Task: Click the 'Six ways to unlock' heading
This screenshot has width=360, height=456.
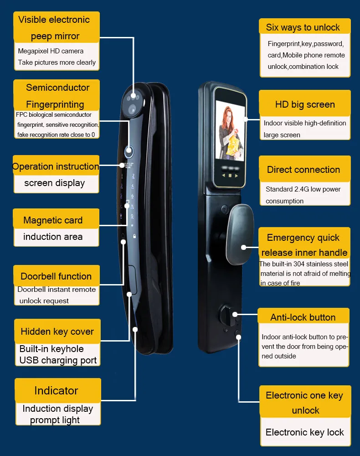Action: point(303,27)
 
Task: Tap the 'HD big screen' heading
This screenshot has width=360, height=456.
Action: point(305,104)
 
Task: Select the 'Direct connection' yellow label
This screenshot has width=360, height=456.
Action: point(303,170)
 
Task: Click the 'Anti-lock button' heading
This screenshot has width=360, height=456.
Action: point(303,317)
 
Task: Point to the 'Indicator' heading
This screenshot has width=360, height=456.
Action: point(57,390)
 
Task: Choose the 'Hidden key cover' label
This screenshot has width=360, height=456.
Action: point(57,332)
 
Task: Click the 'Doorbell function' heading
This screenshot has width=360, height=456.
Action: point(56,276)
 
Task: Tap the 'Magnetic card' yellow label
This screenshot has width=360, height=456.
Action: point(53,220)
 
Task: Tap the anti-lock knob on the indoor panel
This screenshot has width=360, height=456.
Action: point(226,315)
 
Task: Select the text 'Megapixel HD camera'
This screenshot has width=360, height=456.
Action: point(51,51)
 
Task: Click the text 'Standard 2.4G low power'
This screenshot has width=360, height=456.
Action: point(303,189)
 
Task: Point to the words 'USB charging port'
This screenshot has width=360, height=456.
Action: point(58,360)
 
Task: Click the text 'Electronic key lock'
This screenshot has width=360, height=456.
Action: point(305,432)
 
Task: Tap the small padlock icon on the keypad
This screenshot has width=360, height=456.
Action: point(134,236)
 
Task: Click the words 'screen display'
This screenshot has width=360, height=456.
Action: point(55,183)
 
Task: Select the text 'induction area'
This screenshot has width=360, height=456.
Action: point(53,237)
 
